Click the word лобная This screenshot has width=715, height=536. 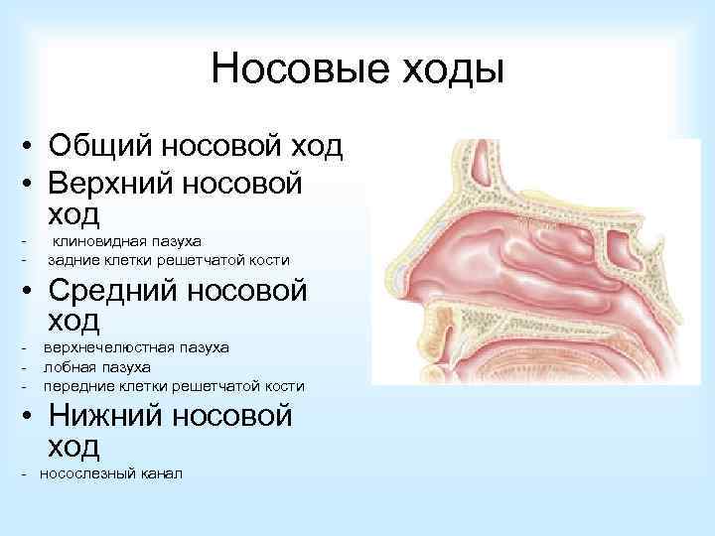65,366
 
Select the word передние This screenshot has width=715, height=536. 76,385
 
